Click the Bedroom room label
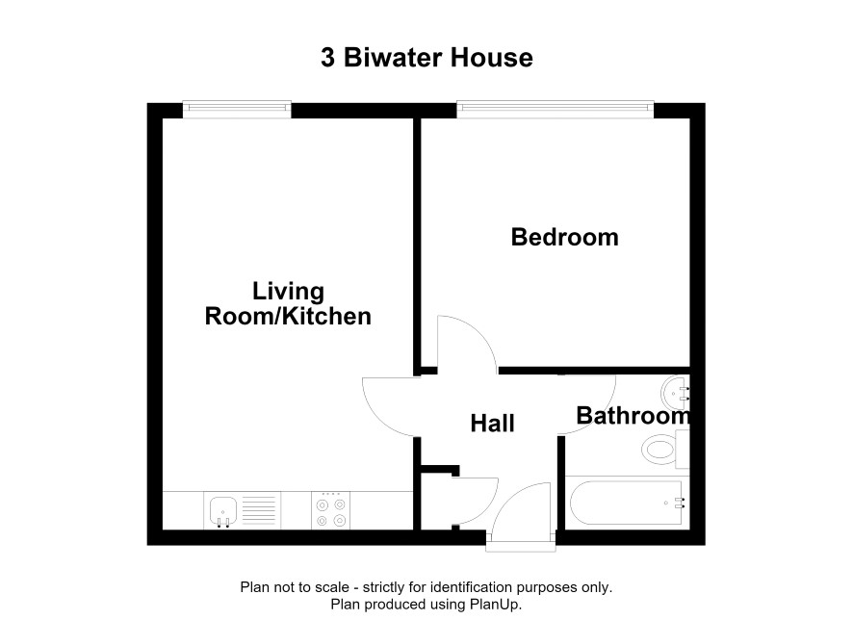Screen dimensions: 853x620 [565, 237]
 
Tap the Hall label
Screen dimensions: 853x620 [492, 424]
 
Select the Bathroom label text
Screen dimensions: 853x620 [633, 416]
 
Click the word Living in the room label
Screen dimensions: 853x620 [288, 291]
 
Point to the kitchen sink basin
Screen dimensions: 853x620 [223, 510]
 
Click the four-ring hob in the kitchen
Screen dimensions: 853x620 [331, 510]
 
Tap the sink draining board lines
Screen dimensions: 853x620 [259, 510]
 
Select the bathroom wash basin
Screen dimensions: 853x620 [676, 393]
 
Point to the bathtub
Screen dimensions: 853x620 [627, 503]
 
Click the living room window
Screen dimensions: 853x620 [237, 109]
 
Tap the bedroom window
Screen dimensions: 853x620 [555, 109]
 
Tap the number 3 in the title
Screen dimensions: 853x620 [327, 58]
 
